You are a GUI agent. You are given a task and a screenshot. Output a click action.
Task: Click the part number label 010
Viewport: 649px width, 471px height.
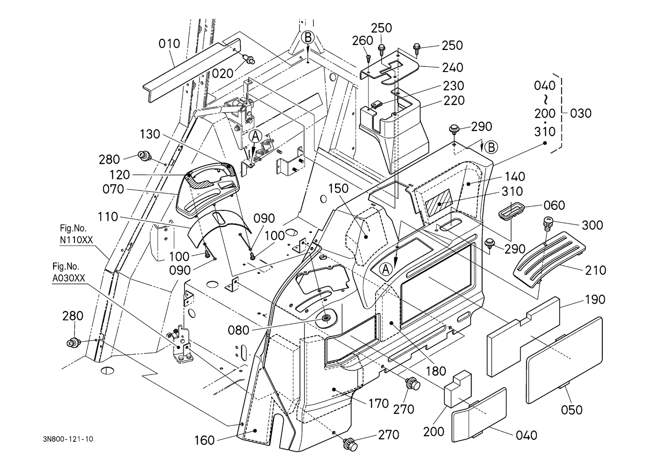pyautogui.click(x=169, y=44)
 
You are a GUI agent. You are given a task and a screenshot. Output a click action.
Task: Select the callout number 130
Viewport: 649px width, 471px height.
pyautogui.click(x=151, y=135)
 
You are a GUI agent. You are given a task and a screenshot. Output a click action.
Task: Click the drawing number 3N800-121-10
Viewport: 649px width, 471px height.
pyautogui.click(x=67, y=439)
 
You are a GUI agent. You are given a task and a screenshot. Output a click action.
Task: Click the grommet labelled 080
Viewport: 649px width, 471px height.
pyautogui.click(x=326, y=320)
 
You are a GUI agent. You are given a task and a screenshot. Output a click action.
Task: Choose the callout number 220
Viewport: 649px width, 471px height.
pyautogui.click(x=454, y=101)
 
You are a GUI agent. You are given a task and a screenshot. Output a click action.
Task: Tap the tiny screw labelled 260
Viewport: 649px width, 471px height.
pyautogui.click(x=369, y=58)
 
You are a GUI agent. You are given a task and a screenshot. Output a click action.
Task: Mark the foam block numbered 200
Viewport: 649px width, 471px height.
pyautogui.click(x=457, y=389)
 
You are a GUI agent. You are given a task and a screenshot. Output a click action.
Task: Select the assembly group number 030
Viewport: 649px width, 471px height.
pyautogui.click(x=581, y=113)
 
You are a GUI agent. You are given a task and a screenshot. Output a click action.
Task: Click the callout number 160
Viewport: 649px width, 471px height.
pyautogui.click(x=204, y=441)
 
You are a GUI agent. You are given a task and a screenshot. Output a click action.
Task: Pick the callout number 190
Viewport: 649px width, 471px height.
pyautogui.click(x=595, y=300)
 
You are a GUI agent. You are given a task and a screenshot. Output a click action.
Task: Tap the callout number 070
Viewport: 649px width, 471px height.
pyautogui.click(x=113, y=190)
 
